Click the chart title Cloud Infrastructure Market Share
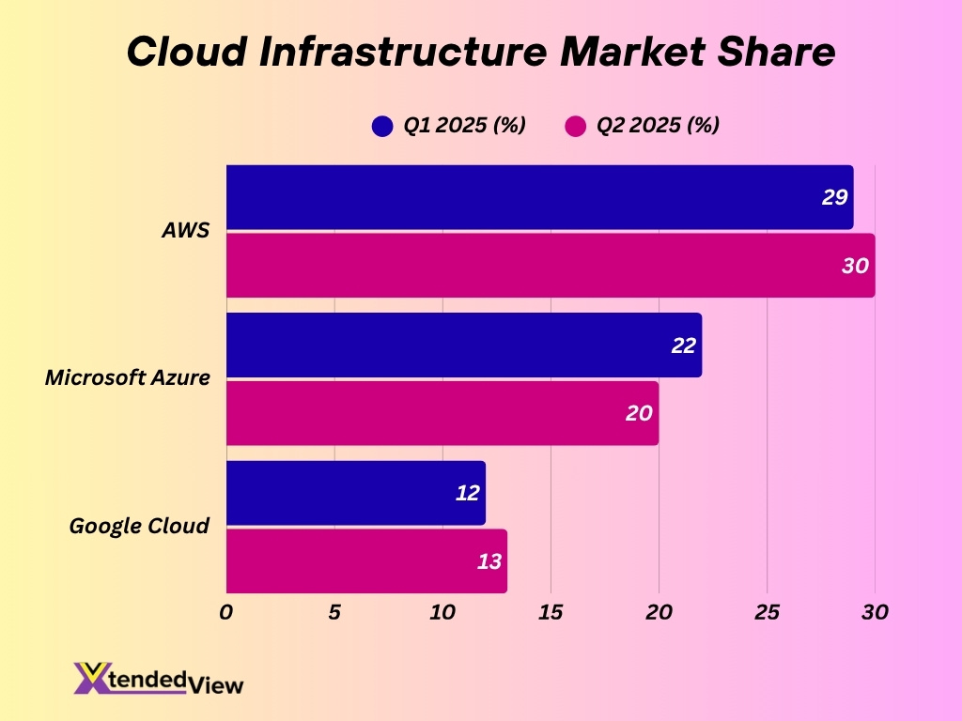[x=480, y=52]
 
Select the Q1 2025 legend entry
[x=449, y=126]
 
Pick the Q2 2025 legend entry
[x=643, y=126]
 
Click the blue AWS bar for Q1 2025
[x=539, y=197]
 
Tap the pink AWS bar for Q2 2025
[x=550, y=266]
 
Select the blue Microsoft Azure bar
[x=463, y=345]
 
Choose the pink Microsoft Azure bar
[x=442, y=413]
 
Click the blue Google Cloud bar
[x=355, y=493]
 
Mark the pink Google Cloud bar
[x=366, y=561]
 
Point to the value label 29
[x=834, y=197]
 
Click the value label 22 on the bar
[x=683, y=345]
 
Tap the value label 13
[x=489, y=561]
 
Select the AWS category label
[x=185, y=231]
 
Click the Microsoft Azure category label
[x=128, y=378]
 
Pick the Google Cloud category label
[x=139, y=526]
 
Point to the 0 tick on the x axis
[x=226, y=612]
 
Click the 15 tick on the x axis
[x=551, y=612]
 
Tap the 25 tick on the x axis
[x=768, y=612]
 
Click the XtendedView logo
[x=158, y=679]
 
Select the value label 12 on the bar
[x=467, y=493]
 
